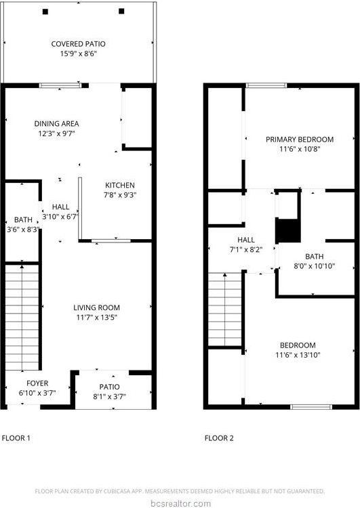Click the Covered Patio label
[79, 44]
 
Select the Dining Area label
[57, 124]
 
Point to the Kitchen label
[119, 186]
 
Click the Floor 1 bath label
[23, 220]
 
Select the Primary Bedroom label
[300, 140]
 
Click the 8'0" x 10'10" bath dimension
[314, 266]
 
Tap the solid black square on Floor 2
[287, 231]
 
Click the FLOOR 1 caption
[16, 438]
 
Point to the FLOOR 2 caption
[219, 438]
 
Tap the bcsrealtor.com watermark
[180, 503]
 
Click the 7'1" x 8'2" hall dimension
[246, 249]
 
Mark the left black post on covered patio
[45, 12]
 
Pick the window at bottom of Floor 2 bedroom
[311, 406]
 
